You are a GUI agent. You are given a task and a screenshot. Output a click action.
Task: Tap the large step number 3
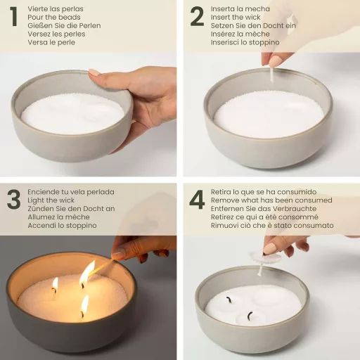(13, 199)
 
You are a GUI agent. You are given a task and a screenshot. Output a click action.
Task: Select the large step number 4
(197, 199)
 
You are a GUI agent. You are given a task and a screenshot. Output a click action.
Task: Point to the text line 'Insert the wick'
(236, 17)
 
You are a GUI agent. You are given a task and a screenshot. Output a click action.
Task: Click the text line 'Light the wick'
(51, 200)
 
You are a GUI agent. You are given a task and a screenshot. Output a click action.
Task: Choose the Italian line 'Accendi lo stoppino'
(60, 226)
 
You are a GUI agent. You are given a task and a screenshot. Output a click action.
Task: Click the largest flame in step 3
(86, 273)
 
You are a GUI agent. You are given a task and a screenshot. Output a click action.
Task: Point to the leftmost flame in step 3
(55, 284)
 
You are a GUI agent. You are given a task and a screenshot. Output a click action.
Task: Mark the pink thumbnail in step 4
(269, 248)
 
